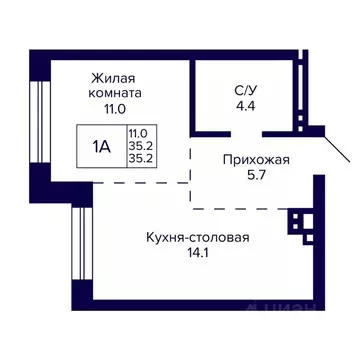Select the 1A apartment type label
pyautogui.click(x=102, y=144)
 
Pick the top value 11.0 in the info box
pyautogui.click(x=138, y=131)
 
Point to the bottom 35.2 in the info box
pyautogui.click(x=138, y=157)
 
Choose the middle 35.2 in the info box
pyautogui.click(x=138, y=144)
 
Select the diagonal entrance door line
pyautogui.click(x=337, y=158)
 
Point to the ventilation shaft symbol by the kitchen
pyautogui.click(x=298, y=220)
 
